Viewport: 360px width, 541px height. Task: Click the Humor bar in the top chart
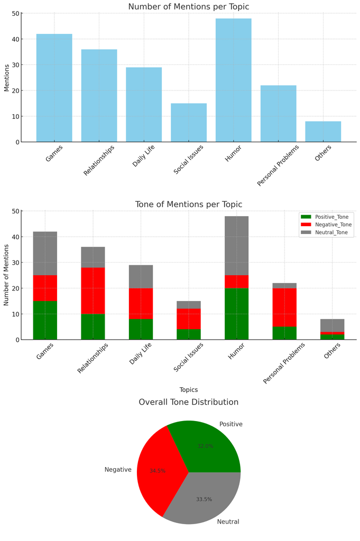pos(233,80)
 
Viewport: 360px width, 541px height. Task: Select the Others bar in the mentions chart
pos(323,132)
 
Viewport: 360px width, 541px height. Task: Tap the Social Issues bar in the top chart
pos(188,123)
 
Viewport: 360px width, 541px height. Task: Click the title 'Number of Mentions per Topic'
pos(189,7)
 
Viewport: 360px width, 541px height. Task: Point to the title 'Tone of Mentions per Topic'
pos(189,204)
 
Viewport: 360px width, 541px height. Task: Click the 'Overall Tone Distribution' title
pos(189,402)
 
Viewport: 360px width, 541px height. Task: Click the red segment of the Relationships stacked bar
pos(93,291)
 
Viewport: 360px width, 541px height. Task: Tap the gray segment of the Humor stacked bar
pos(236,246)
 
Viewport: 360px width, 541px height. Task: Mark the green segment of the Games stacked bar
pos(45,320)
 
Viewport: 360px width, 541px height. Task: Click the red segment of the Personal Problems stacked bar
pos(284,307)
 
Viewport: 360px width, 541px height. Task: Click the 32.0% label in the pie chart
pos(205,446)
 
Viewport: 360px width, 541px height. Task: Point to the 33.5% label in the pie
pos(204,499)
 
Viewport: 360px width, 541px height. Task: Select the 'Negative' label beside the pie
pos(118,470)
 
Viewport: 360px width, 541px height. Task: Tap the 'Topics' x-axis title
pos(189,390)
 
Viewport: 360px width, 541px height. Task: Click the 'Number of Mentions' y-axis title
pos(7,275)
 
